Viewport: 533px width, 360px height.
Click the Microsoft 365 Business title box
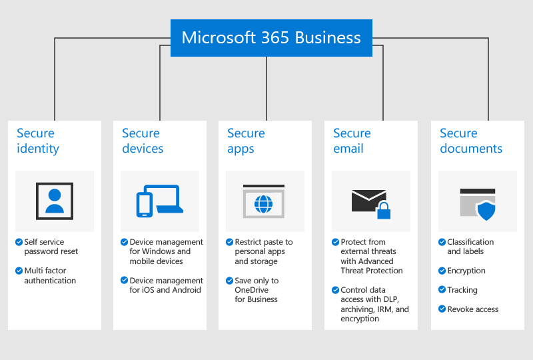point(271,38)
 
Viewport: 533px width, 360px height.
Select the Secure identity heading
point(38,141)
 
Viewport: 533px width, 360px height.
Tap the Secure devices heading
point(143,141)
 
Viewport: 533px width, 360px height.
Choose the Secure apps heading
point(246,141)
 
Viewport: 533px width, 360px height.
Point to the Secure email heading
point(352,141)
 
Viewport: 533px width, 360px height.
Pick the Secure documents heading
point(471,141)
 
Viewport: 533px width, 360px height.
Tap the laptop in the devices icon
point(167,199)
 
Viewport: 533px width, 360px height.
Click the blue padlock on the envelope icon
point(383,212)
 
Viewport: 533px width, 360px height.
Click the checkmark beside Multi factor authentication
point(19,271)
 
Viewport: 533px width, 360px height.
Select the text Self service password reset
point(51,247)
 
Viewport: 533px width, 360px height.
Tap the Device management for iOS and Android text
point(166,285)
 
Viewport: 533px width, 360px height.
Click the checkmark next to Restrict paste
point(229,242)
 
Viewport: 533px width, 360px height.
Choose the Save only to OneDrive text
point(257,290)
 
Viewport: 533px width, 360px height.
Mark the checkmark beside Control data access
point(335,290)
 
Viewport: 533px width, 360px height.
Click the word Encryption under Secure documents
point(466,271)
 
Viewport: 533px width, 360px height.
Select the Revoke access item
point(472,309)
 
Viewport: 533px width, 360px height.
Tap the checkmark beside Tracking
point(442,290)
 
